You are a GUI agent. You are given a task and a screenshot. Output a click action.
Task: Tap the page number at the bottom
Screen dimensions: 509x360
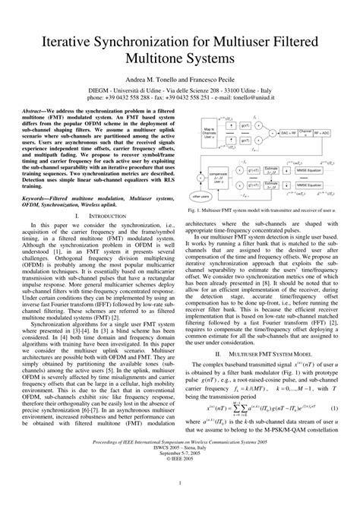pyautogui.click(x=180, y=501)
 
